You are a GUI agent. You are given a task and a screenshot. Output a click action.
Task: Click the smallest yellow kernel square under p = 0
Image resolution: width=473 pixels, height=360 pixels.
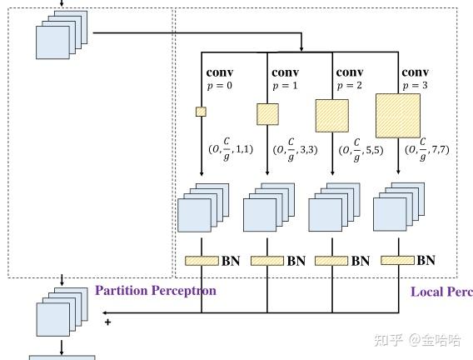tap(201, 112)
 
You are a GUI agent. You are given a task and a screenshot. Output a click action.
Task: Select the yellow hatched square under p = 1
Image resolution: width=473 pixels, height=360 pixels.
tap(267, 114)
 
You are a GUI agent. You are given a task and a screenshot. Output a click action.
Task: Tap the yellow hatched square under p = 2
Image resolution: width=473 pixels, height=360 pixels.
tap(332, 116)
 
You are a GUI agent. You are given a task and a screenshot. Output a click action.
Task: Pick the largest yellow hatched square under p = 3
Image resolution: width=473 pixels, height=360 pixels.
tap(398, 116)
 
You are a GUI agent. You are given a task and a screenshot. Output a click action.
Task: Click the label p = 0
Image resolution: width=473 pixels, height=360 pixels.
tap(220, 86)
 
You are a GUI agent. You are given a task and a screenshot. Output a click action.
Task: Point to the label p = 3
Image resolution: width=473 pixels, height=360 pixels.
tap(415, 86)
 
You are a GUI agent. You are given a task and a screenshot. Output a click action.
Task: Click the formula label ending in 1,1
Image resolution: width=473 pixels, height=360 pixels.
tap(231, 149)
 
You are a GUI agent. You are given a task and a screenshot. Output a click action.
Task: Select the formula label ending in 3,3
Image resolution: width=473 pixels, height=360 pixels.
tap(295, 150)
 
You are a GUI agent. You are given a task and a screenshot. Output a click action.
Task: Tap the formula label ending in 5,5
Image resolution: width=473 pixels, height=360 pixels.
tap(361, 150)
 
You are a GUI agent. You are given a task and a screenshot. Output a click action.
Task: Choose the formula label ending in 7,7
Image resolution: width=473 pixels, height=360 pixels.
tap(427, 149)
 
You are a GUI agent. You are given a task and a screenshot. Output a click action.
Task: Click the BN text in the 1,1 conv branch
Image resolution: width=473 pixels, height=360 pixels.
tap(231, 261)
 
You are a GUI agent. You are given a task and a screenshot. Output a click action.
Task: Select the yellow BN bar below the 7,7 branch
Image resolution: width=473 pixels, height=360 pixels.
tap(397, 260)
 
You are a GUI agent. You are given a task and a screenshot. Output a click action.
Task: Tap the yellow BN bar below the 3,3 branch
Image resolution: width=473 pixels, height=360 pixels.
tap(267, 261)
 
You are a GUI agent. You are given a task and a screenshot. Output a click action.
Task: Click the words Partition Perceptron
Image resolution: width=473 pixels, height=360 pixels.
tap(156, 291)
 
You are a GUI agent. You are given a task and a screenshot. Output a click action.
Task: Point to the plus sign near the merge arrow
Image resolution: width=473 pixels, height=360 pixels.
tap(107, 322)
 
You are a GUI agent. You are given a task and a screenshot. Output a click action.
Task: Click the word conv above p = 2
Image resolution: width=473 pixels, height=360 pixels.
tap(350, 72)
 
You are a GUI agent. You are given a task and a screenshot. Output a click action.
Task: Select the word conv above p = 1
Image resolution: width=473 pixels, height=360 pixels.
tap(285, 72)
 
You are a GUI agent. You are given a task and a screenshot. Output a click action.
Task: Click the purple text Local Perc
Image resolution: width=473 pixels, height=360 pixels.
tap(441, 292)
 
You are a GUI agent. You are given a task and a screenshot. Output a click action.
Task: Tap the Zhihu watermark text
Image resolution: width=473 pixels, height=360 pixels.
tap(417, 340)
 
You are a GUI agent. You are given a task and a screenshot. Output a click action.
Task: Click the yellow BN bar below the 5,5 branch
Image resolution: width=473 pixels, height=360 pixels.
tap(331, 261)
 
